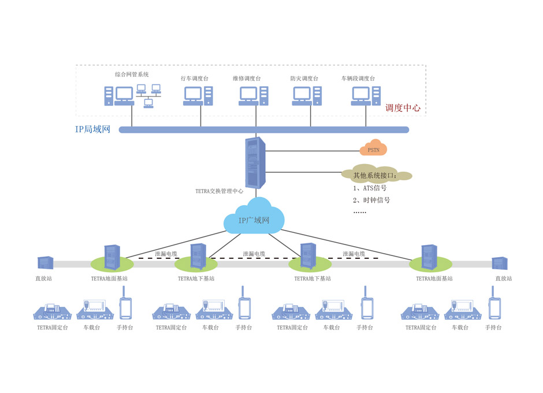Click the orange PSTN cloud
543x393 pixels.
point(373,149)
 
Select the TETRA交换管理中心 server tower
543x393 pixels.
point(255,162)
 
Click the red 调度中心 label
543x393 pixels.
point(403,108)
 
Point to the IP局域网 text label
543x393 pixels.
point(92,129)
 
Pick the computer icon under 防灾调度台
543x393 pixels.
point(307,96)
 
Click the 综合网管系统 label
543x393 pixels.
point(132,75)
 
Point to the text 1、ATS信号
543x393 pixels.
point(370,188)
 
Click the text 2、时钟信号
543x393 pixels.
point(371,200)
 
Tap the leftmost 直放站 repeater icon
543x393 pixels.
point(45,263)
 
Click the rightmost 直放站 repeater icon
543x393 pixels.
point(500,263)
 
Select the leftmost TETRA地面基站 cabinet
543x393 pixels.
point(112,258)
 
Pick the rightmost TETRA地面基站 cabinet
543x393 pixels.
point(429,258)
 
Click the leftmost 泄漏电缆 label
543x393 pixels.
point(165,254)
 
